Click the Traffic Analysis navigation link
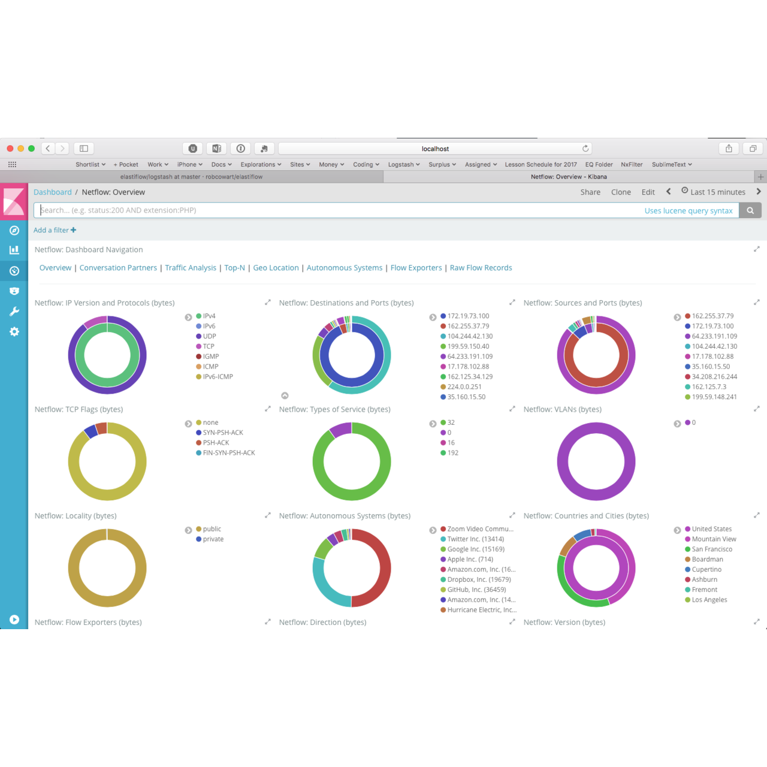coord(191,268)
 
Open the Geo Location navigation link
coord(276,268)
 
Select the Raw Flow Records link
coord(481,268)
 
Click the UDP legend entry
coord(209,336)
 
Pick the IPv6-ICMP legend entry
coord(218,377)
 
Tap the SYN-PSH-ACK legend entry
coord(223,433)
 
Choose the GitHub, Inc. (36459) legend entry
coord(476,590)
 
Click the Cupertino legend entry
coord(706,569)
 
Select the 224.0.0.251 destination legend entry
coord(464,387)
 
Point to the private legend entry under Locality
coord(213,539)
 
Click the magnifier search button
coord(750,210)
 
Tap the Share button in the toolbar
coord(590,192)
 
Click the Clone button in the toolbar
coord(621,192)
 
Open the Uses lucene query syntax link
coord(689,211)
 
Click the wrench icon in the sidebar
coord(14,312)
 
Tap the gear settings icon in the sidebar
coord(14,332)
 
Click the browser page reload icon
coord(585,149)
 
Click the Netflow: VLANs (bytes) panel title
coord(562,409)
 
